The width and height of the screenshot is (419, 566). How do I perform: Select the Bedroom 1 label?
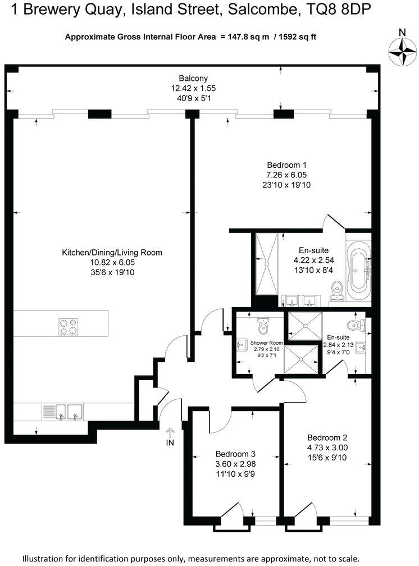[286, 165]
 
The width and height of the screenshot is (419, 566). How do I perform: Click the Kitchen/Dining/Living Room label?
[112, 253]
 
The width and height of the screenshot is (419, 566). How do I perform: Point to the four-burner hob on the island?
[68, 326]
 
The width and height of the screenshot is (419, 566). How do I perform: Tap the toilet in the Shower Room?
[263, 325]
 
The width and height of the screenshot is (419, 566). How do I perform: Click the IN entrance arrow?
[170, 434]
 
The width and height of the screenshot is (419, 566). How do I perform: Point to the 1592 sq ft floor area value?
[298, 37]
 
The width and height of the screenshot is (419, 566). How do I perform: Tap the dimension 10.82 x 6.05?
[112, 262]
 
